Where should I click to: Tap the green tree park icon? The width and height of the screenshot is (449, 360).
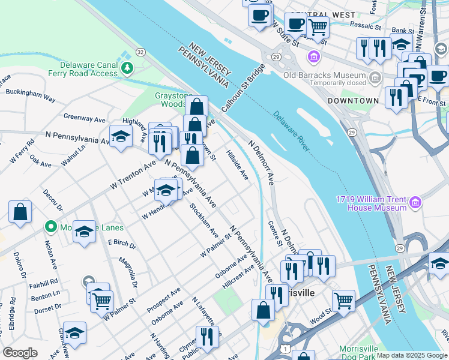click(x=127, y=68)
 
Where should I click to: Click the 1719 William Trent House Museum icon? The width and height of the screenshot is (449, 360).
click(x=415, y=204)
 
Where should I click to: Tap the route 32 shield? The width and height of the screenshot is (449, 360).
click(x=140, y=52)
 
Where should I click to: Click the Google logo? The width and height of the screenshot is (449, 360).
click(x=20, y=353)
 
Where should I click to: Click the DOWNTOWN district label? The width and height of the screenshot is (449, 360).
click(x=353, y=101)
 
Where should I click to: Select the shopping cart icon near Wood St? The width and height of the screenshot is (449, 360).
click(x=343, y=301)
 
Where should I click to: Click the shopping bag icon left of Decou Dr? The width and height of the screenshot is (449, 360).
click(x=20, y=212)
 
